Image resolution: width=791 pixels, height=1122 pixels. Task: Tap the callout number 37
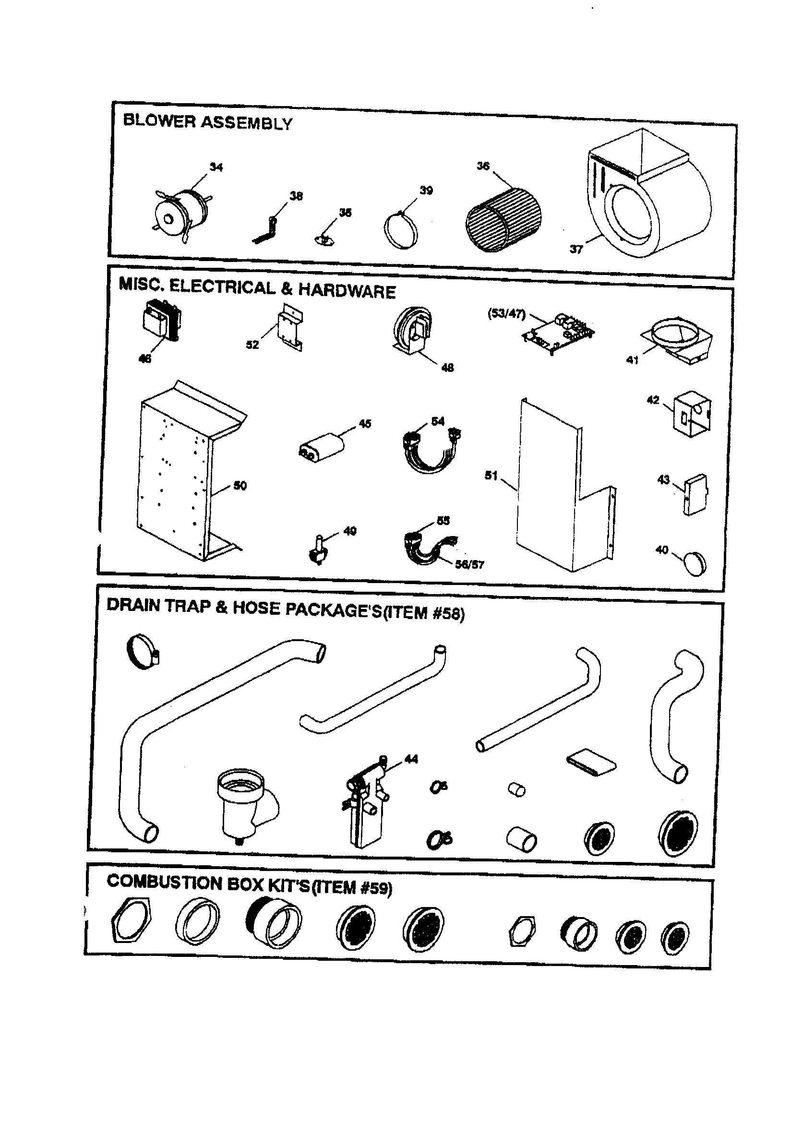[x=576, y=249]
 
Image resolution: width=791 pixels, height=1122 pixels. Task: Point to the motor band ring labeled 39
[x=400, y=231]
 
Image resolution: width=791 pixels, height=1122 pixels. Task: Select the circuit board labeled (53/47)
[x=559, y=332]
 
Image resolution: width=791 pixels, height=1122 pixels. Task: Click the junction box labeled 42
[x=692, y=417]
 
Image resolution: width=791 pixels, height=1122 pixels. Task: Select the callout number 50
[x=240, y=485]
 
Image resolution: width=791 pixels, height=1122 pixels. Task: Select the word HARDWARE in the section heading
[x=347, y=291]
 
